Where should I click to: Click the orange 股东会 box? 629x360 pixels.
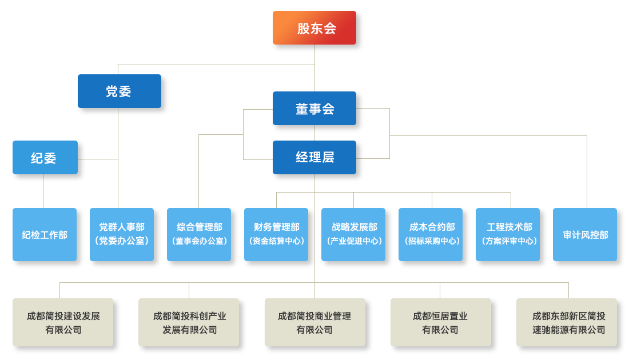tap(314, 28)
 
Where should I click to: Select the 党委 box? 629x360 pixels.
tap(119, 91)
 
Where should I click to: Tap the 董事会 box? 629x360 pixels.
tap(314, 109)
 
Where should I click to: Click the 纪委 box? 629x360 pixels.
tap(45, 158)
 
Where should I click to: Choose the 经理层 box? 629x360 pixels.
tap(314, 157)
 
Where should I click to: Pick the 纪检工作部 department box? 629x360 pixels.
tap(45, 235)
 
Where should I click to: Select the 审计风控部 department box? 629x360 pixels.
tap(585, 235)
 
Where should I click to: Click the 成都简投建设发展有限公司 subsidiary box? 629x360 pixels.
tap(63, 322)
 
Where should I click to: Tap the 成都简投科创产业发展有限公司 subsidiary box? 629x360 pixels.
tap(189, 322)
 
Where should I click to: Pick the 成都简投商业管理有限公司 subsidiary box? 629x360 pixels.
tap(314, 322)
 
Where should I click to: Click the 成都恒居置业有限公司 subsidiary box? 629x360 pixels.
tap(440, 322)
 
